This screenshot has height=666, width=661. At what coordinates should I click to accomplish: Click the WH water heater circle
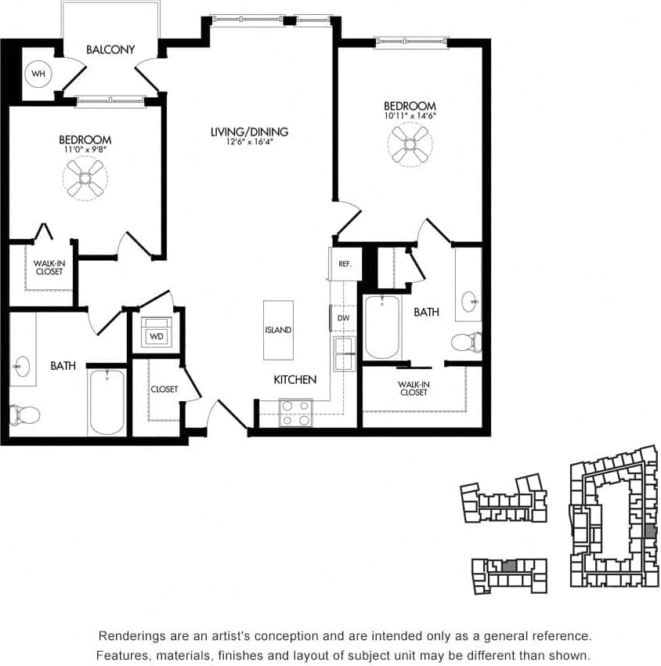tap(37, 75)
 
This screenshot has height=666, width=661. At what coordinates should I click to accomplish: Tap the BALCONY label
tap(110, 49)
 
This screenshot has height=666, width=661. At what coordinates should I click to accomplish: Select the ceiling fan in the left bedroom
tap(85, 178)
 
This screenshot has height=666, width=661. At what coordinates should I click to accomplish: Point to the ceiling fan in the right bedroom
tap(410, 144)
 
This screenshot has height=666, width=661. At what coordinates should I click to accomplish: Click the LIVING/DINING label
tap(249, 132)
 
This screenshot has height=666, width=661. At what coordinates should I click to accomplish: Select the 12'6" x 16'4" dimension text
tap(249, 143)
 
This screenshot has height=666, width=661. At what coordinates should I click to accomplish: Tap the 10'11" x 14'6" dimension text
tap(410, 115)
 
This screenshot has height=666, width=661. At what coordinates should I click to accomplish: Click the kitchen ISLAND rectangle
tap(278, 330)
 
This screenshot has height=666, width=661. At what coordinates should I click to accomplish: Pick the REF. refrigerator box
tap(345, 264)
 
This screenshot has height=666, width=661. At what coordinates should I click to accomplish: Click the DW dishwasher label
tap(343, 318)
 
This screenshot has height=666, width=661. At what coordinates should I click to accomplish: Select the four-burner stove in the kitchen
tap(296, 413)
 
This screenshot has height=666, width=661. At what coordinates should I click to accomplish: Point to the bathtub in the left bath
tap(107, 401)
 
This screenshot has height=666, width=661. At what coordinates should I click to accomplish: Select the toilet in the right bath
tap(467, 342)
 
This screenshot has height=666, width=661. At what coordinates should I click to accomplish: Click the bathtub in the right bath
tap(381, 327)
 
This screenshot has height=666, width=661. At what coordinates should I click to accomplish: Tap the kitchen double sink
tap(344, 355)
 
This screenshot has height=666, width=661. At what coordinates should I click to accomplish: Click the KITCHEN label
tap(294, 380)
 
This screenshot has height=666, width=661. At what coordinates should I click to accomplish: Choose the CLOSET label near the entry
tap(164, 389)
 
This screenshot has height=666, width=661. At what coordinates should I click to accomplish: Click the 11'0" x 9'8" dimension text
tap(85, 150)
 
